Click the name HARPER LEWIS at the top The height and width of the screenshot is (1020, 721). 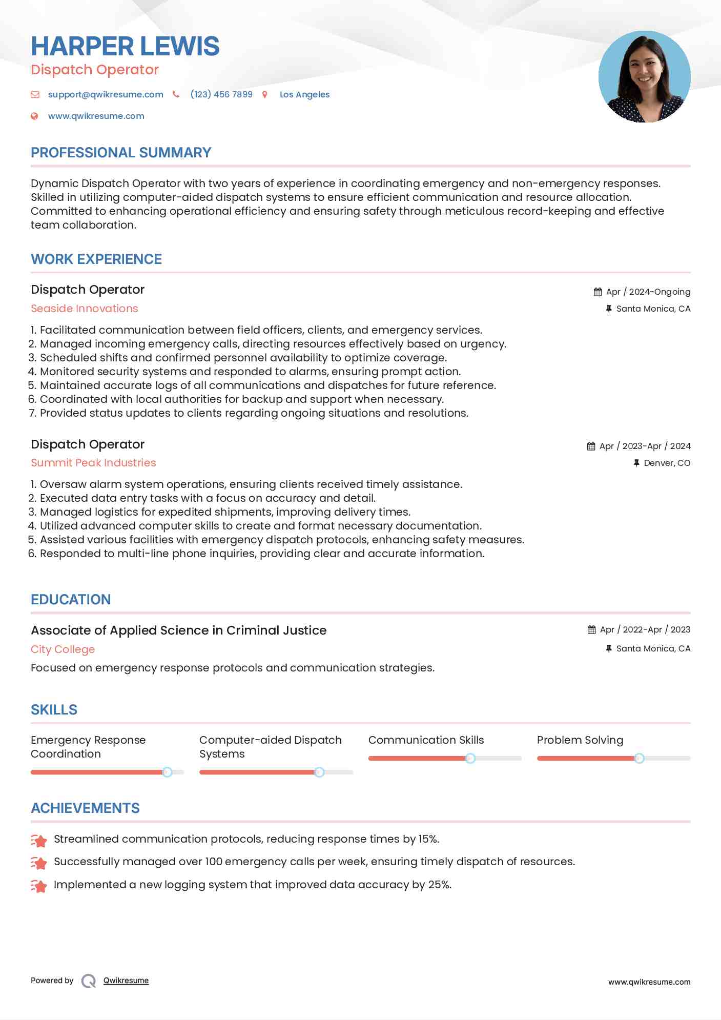click(125, 46)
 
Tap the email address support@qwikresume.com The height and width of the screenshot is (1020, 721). click(106, 94)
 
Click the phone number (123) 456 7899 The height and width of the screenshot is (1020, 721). click(221, 94)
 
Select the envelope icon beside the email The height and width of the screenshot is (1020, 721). click(35, 94)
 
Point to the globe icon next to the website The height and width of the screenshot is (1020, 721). click(34, 116)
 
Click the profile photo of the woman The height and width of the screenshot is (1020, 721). click(644, 77)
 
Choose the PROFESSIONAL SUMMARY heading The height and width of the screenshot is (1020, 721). click(121, 153)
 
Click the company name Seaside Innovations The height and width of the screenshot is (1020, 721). click(85, 309)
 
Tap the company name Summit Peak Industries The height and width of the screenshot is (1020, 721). click(93, 463)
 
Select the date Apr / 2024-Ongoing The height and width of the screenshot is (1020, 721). click(648, 292)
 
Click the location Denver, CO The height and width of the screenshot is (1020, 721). click(667, 463)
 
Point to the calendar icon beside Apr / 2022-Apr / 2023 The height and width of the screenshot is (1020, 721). click(591, 629)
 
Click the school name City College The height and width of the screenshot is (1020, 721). click(63, 649)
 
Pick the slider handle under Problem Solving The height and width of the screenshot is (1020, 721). click(639, 758)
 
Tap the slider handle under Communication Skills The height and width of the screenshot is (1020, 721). click(470, 758)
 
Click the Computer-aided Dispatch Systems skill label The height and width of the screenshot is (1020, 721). click(270, 747)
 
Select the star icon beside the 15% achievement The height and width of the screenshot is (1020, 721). click(39, 840)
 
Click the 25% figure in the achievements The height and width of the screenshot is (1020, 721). click(439, 885)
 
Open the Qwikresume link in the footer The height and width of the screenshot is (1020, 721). click(126, 981)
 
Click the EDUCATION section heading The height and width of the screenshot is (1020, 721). click(71, 600)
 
